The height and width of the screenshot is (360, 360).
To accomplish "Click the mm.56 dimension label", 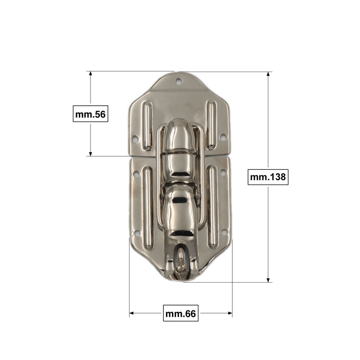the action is pyautogui.click(x=90, y=114).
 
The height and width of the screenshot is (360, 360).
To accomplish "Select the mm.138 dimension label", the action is pyautogui.click(x=268, y=177).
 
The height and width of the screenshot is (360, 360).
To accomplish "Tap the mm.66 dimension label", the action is pyautogui.click(x=181, y=313).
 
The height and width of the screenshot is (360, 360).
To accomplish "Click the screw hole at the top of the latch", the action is pyautogui.click(x=178, y=81).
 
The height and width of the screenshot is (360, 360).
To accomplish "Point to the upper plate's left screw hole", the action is pyautogui.click(x=135, y=139).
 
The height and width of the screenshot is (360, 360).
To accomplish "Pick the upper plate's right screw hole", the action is pyautogui.click(x=223, y=137).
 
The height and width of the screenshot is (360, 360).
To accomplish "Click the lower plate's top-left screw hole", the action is pyautogui.click(x=136, y=174).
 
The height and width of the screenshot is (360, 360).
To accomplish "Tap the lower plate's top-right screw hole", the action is pyautogui.click(x=223, y=173).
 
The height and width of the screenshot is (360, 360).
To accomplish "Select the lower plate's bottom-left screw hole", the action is pyautogui.click(x=137, y=234).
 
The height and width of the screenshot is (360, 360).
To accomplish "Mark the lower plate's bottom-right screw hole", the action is pyautogui.click(x=224, y=232).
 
